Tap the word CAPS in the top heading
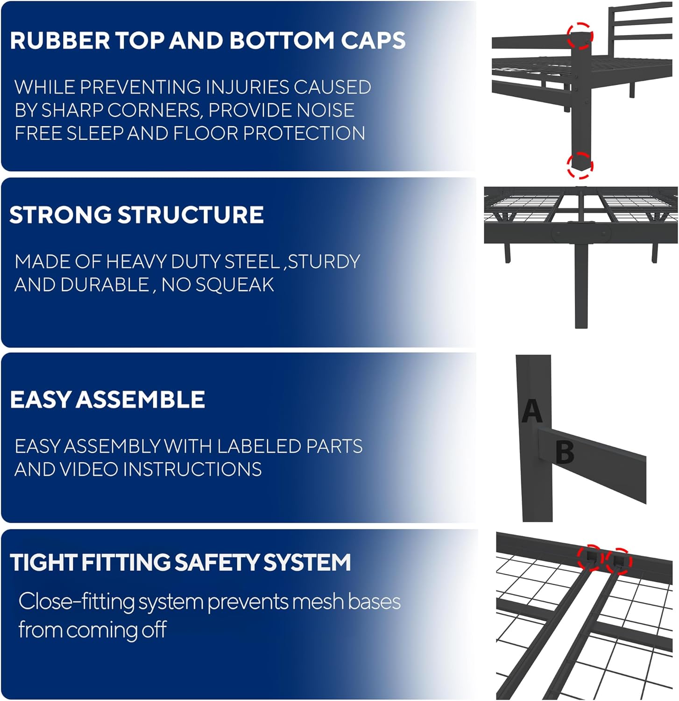[373, 41]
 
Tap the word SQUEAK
[234, 285]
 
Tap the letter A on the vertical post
[532, 411]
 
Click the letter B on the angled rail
[565, 452]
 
